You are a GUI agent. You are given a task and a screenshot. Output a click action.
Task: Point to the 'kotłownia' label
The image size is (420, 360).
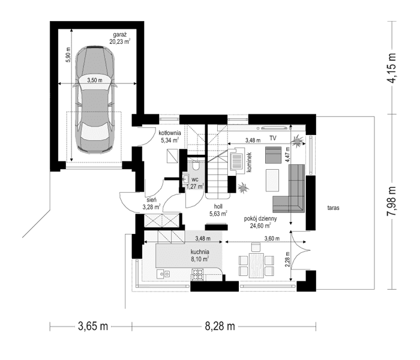(170, 133)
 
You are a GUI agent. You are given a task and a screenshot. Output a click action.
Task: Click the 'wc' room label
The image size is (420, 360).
(194, 178)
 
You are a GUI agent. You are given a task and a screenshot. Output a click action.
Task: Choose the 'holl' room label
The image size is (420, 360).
(217, 205)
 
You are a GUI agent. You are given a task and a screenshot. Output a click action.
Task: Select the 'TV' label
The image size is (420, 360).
(273, 138)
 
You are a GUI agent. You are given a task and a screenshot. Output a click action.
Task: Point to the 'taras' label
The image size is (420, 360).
(334, 208)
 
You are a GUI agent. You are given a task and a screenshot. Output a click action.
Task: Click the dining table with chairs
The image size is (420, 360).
(256, 262)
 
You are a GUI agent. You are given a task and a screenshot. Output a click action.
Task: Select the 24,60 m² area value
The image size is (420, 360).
(260, 226)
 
